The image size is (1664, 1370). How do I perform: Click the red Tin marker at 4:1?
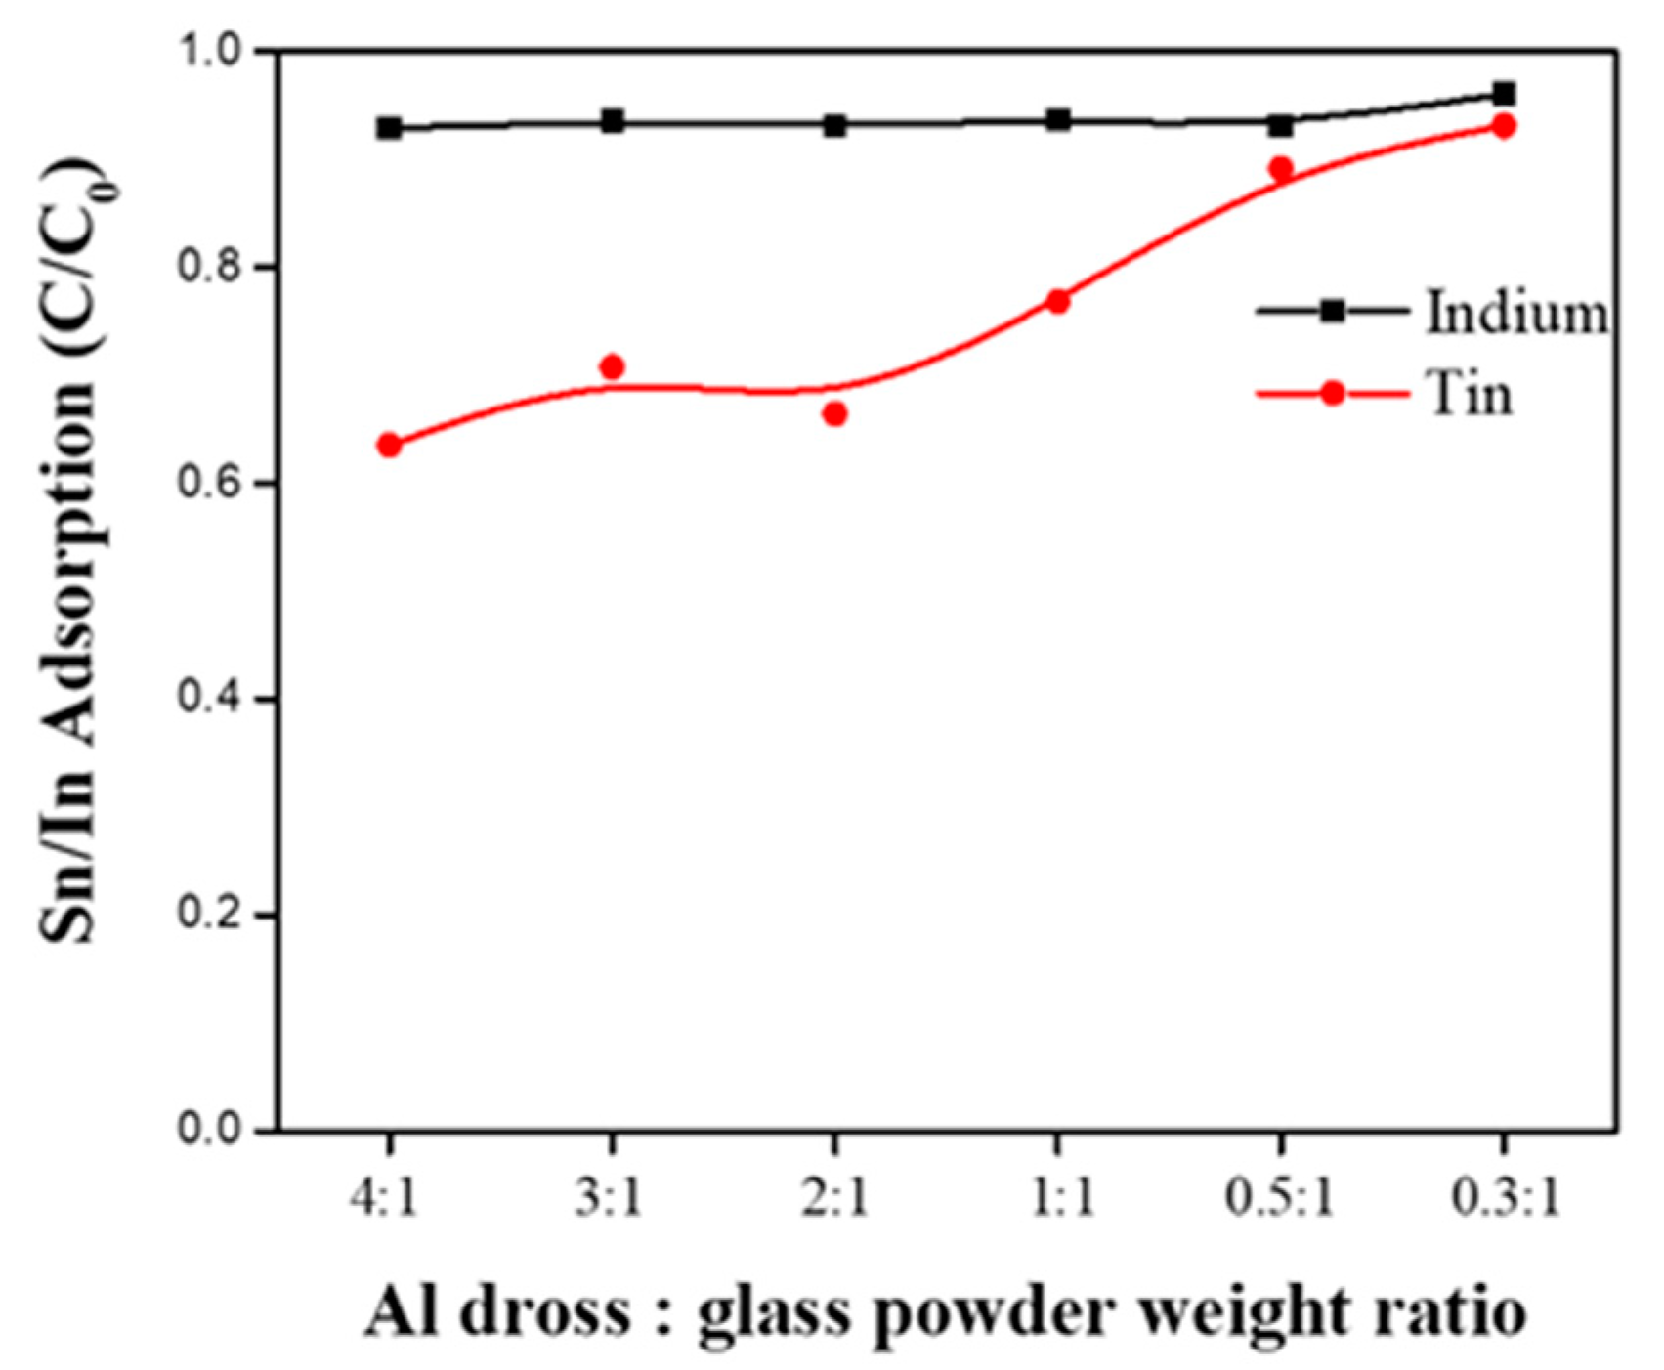click(x=389, y=446)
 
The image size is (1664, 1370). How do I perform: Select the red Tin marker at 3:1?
click(x=612, y=367)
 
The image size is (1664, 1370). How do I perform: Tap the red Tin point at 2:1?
click(x=834, y=414)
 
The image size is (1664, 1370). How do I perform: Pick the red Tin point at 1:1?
click(x=1058, y=302)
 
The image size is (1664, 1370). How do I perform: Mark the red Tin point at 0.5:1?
click(x=1281, y=169)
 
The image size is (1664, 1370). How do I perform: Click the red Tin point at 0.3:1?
click(x=1505, y=126)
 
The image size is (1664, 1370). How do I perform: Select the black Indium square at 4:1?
click(x=389, y=128)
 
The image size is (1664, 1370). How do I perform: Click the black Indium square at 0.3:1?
click(x=1505, y=95)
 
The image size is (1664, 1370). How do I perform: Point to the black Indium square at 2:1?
click(x=834, y=126)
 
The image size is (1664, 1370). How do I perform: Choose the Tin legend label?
click(x=1471, y=396)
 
